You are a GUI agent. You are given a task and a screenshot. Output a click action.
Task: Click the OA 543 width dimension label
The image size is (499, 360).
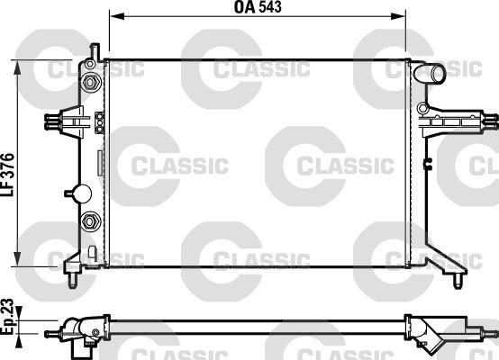click(x=258, y=7)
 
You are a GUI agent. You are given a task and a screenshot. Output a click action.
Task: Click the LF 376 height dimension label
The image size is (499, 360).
click(x=7, y=175)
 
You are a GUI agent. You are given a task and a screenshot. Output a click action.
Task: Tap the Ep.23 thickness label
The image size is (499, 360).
click(x=7, y=317)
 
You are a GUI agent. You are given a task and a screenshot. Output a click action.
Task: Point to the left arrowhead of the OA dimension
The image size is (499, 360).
click(x=116, y=16)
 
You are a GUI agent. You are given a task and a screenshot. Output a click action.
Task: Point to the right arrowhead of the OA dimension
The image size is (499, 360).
click(x=398, y=16)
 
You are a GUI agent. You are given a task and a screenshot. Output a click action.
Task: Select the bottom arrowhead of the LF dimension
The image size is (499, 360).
click(x=17, y=259)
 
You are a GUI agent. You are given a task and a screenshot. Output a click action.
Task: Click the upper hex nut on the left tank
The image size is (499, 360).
click(x=90, y=83)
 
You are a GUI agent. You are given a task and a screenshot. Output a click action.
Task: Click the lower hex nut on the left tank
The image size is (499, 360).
click(x=91, y=220)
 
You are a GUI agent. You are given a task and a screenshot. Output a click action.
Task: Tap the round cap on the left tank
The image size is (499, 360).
click(x=82, y=193)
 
